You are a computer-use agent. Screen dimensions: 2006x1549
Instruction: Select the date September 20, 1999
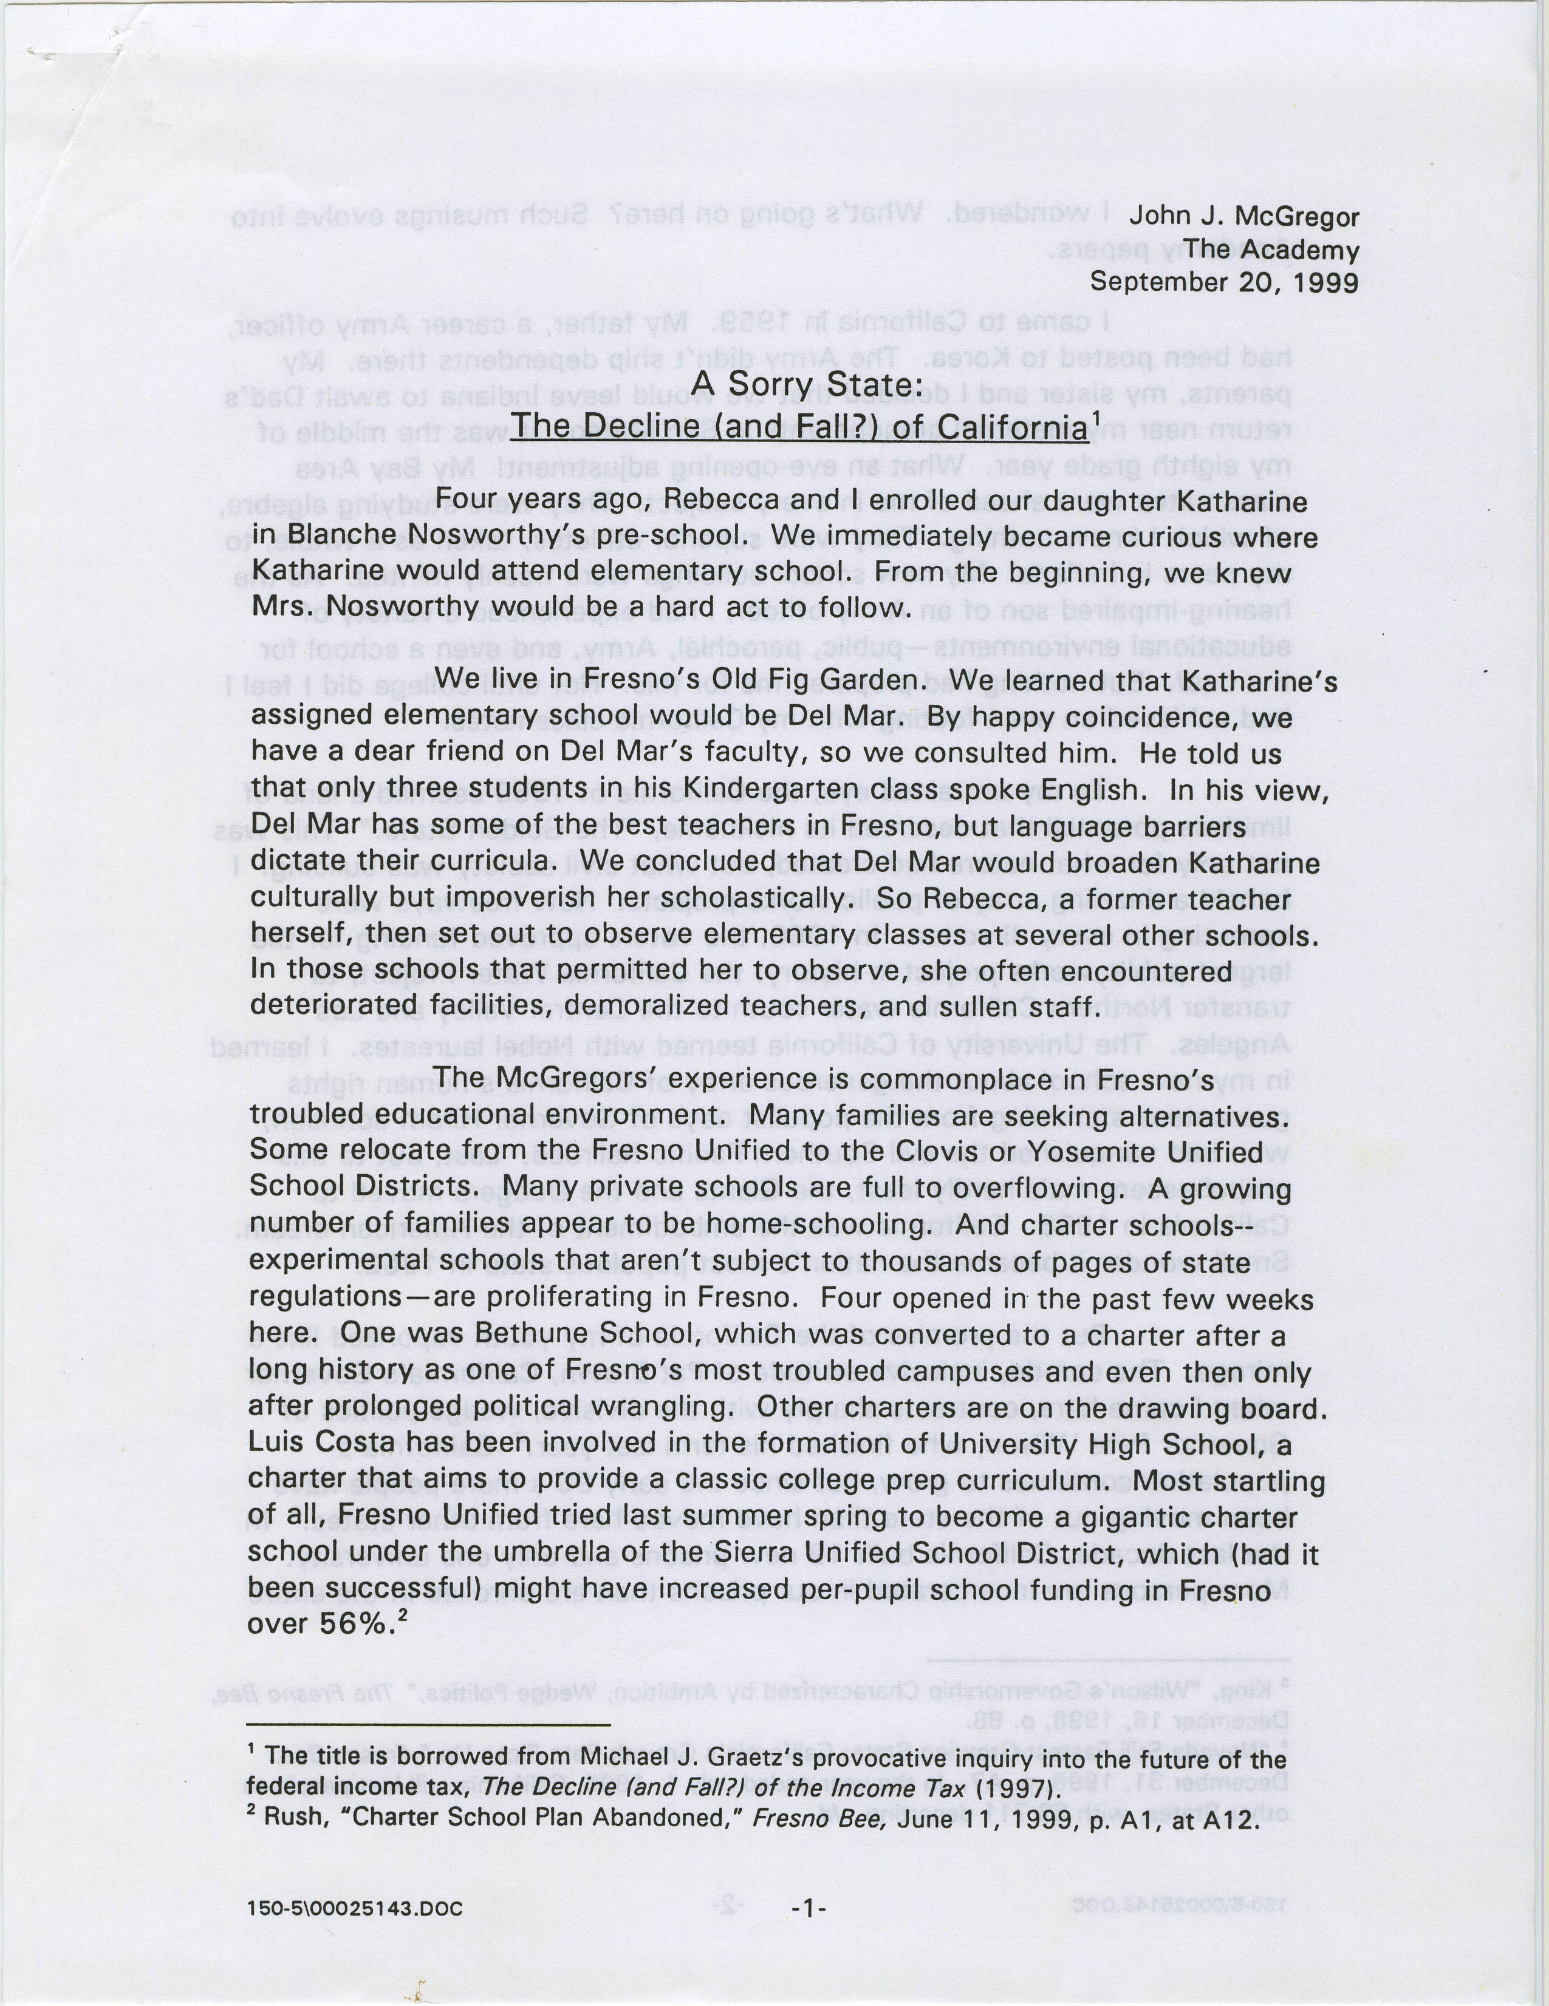tap(1224, 282)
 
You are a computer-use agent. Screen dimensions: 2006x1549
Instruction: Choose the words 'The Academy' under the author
tap(1270, 249)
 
